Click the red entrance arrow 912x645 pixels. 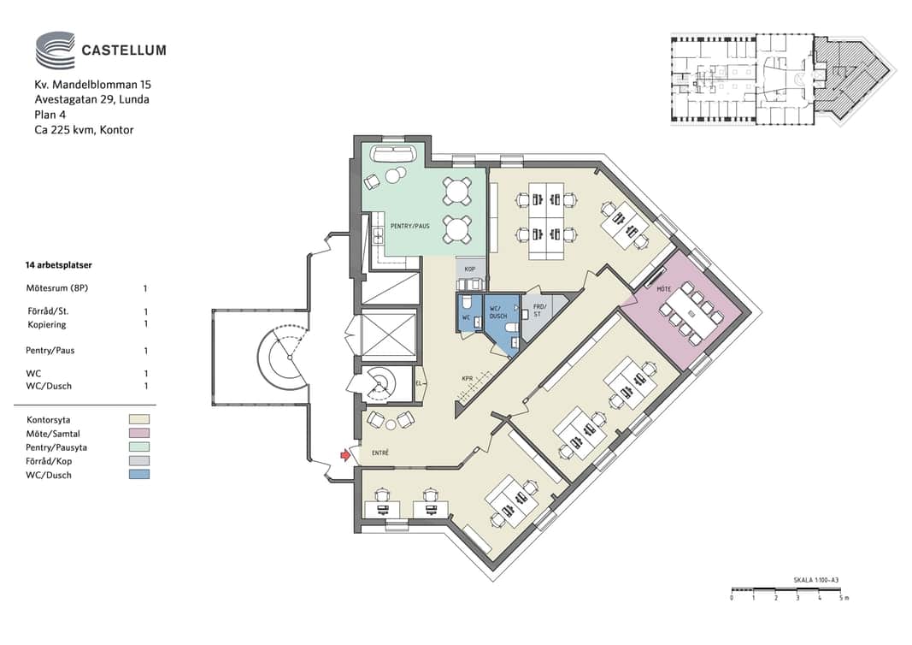[346, 454]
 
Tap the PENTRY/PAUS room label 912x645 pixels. [410, 226]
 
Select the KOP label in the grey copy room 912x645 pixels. [470, 269]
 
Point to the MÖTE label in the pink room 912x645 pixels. [663, 289]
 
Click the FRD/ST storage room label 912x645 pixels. [539, 311]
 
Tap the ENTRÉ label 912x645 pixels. [380, 453]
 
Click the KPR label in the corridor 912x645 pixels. [467, 379]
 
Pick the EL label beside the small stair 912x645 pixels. [419, 383]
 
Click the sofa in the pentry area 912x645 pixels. [393, 154]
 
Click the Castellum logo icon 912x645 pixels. [56, 50]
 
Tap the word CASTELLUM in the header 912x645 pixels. [124, 50]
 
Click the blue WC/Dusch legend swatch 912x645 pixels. [139, 475]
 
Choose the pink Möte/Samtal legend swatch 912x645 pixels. [139, 433]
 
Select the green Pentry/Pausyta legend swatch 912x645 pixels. [139, 447]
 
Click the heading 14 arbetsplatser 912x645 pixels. [59, 265]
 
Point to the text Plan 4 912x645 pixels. [50, 115]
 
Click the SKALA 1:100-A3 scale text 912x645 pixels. [816, 580]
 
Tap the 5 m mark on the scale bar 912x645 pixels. [844, 598]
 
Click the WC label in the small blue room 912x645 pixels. [466, 318]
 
